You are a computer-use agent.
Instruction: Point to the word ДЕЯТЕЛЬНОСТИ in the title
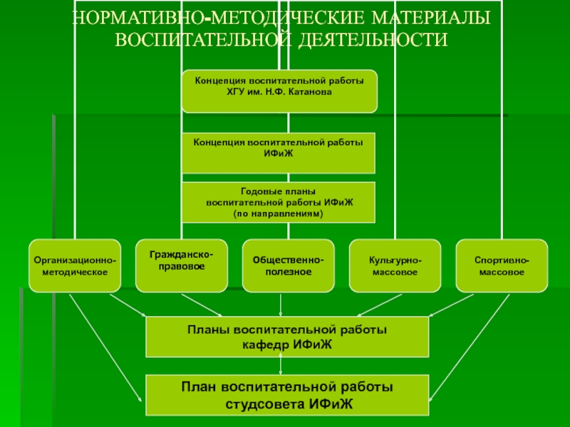(370, 39)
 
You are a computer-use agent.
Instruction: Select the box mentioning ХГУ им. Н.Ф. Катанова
(279, 91)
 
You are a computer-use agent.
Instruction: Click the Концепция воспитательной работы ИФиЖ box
(279, 152)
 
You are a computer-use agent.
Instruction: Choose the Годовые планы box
(279, 202)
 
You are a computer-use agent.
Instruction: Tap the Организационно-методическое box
(75, 266)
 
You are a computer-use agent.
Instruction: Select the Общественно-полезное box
(288, 266)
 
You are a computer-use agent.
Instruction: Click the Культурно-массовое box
(395, 266)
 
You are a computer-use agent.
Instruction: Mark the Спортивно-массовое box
(502, 266)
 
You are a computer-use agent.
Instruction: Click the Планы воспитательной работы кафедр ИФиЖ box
(287, 337)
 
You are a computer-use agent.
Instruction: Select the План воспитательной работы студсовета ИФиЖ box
(287, 396)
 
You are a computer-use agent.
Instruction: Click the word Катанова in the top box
(311, 93)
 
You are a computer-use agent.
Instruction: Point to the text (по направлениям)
(279, 213)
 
